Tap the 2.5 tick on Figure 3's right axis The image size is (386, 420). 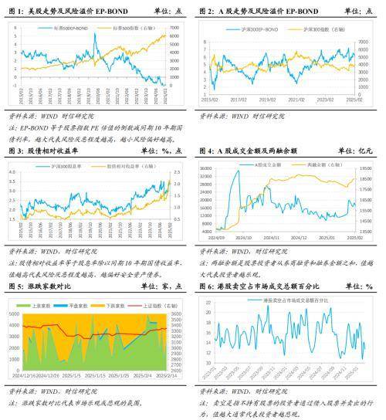click(x=177, y=161)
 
